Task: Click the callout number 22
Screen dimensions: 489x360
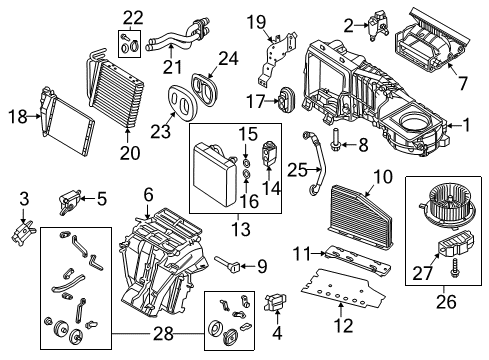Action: [x=133, y=18]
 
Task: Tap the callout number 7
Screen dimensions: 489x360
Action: [x=462, y=82]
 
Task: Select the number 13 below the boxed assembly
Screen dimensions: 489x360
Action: [x=241, y=229]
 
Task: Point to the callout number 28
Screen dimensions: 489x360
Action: [x=163, y=333]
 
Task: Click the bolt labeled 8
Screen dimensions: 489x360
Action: [x=335, y=138]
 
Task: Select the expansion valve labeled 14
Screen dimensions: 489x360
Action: [x=268, y=152]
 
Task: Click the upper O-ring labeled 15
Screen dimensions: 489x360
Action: [x=246, y=163]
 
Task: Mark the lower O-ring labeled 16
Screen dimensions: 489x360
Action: [x=246, y=174]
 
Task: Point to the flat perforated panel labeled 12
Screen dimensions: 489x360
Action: [x=343, y=288]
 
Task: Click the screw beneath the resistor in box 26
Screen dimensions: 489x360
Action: [x=454, y=268]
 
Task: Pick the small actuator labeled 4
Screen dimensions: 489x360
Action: [x=275, y=301]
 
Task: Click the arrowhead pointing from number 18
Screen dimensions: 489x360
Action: [x=37, y=116]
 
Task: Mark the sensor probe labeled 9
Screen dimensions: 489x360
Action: [x=228, y=263]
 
